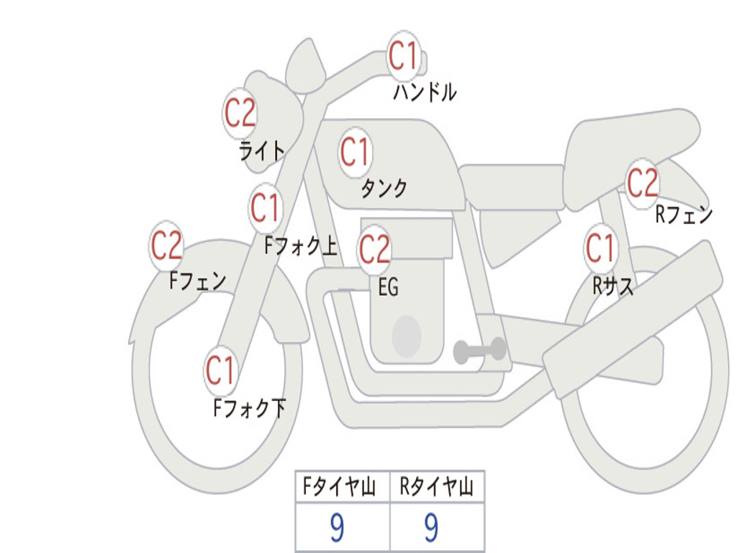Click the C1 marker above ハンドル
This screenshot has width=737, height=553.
pos(404,55)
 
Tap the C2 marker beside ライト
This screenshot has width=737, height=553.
pos(240,113)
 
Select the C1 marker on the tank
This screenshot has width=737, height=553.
pos(355,152)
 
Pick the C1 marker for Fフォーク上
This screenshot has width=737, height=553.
pos(266,209)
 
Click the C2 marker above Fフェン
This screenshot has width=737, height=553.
pos(166,246)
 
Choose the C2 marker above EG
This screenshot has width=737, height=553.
pos(374,250)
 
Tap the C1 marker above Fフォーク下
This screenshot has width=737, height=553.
pos(220,371)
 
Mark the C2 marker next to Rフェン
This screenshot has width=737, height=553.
pos(643,183)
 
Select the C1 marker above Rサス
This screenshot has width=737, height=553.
pos(600,248)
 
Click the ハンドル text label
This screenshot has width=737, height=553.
pos(425,92)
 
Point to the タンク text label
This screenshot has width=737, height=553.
pos(384,189)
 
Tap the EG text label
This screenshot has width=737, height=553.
pos(388,288)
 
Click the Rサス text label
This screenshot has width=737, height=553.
pos(613,286)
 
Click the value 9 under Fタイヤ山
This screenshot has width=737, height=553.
pos(337,529)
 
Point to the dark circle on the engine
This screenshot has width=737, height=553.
pos(406,336)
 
